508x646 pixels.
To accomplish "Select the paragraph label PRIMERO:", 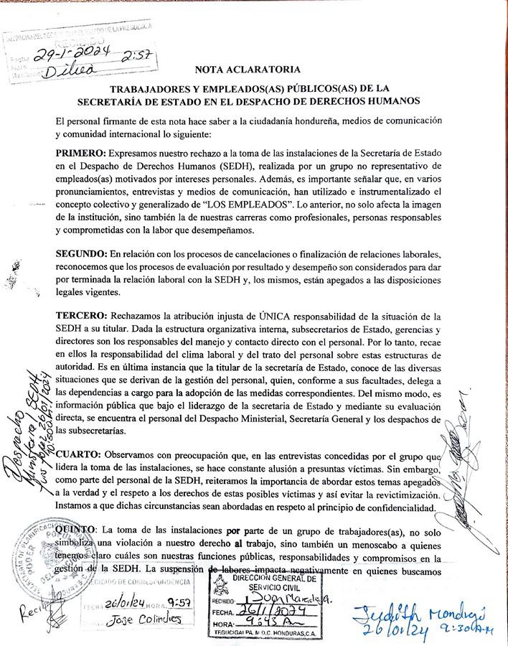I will pyautogui.click(x=81, y=154).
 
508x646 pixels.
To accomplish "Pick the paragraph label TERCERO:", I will pyautogui.click(x=81, y=317).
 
